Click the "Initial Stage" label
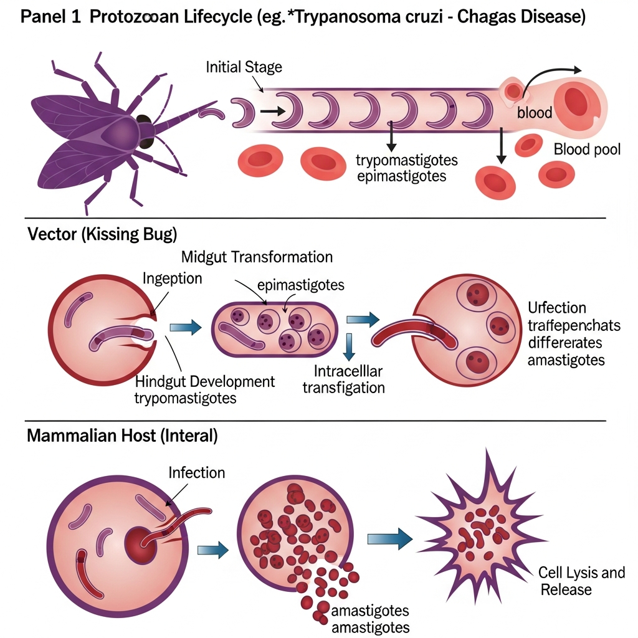click(244, 67)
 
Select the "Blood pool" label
click(587, 150)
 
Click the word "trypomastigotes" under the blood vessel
click(406, 160)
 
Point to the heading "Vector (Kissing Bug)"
click(102, 235)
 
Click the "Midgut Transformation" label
click(257, 257)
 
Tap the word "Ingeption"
click(172, 279)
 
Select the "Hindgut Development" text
click(204, 381)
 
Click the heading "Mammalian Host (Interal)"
click(122, 436)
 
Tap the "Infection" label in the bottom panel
click(197, 473)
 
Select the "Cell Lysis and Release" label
click(581, 581)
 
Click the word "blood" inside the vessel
click(535, 113)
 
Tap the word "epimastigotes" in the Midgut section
click(300, 285)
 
